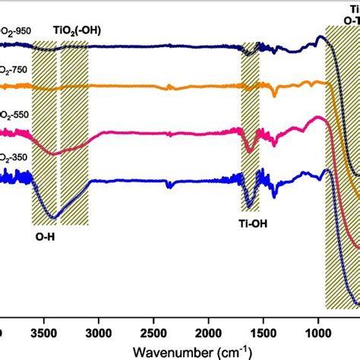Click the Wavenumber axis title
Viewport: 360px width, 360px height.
point(191,351)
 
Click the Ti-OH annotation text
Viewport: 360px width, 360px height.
point(253,224)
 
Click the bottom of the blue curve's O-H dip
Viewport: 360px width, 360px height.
point(52,217)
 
